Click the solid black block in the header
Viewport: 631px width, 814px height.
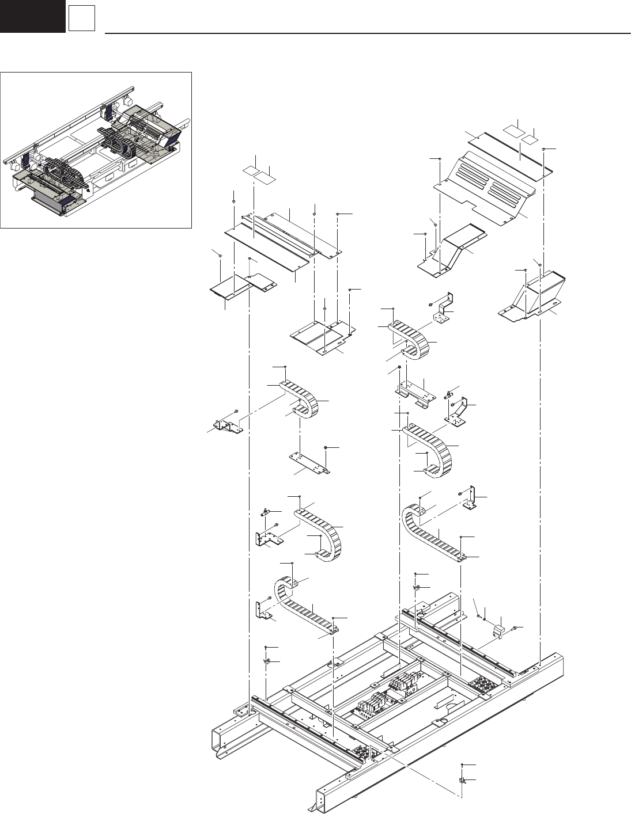32,16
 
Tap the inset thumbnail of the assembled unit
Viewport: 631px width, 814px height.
96,150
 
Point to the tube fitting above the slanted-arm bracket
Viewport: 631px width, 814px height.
449,395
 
